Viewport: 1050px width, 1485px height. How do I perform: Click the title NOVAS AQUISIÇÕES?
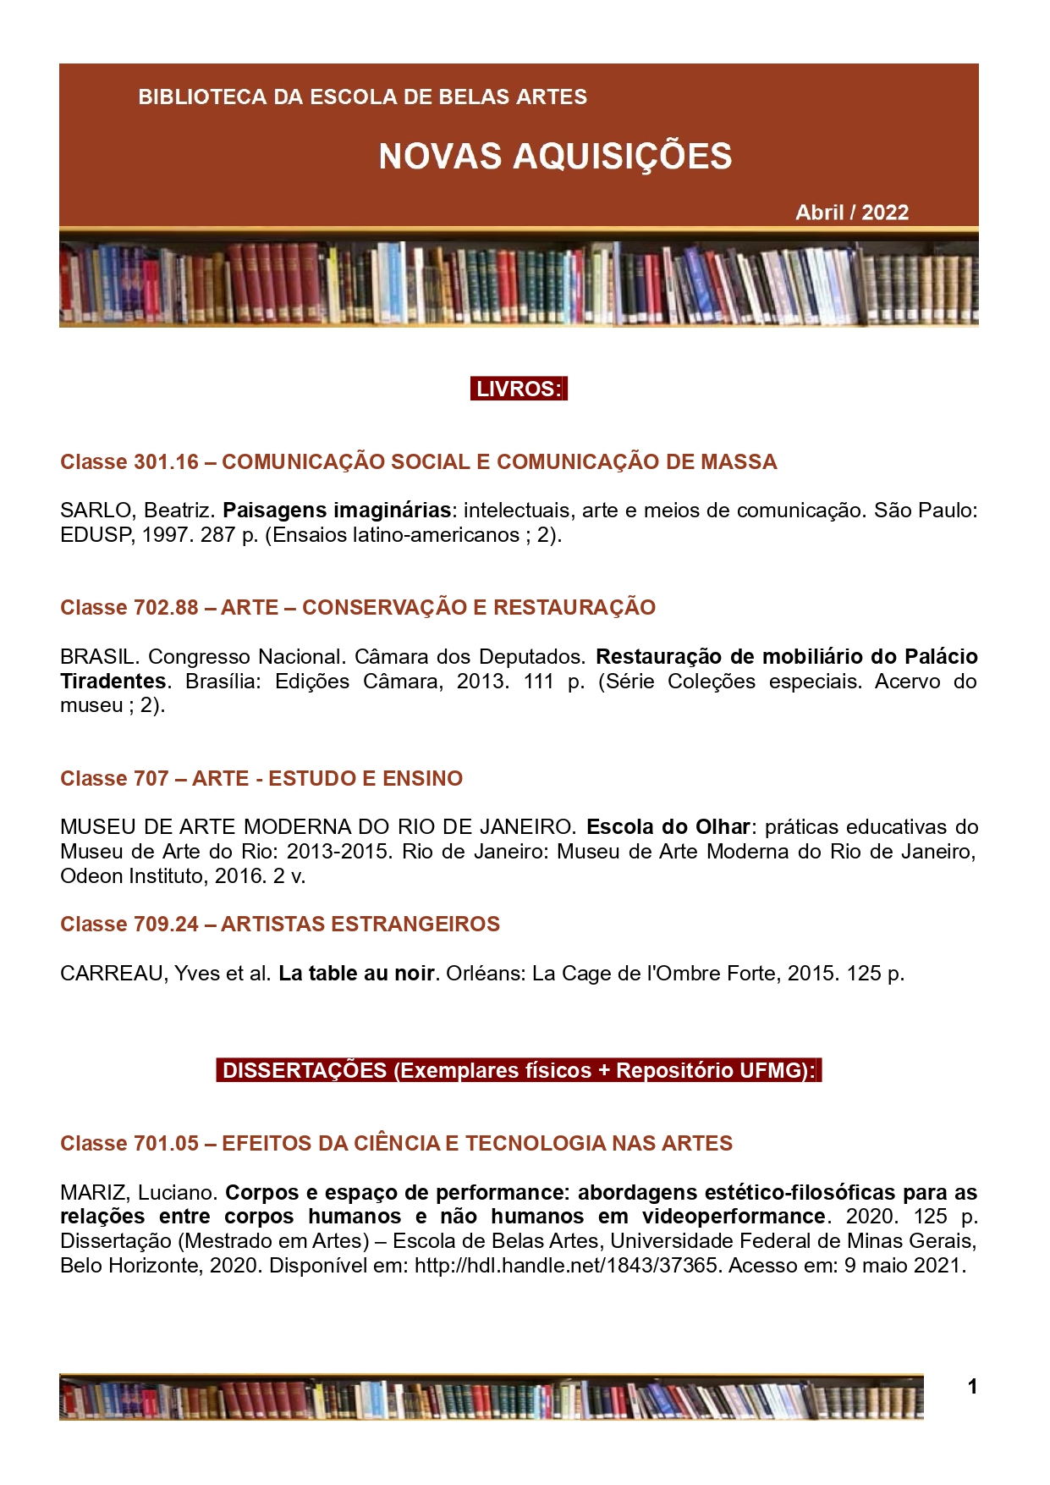tap(555, 157)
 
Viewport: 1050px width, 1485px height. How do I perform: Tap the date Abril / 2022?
tap(851, 213)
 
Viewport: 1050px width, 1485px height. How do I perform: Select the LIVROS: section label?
tap(519, 389)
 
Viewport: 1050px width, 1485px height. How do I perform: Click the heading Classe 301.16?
tap(129, 462)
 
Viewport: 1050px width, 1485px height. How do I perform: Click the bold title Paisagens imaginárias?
tap(337, 511)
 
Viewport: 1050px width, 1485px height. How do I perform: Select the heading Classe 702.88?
tap(129, 608)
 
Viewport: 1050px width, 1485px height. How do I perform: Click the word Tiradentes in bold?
tap(113, 682)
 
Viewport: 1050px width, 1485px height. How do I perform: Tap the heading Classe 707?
tap(114, 779)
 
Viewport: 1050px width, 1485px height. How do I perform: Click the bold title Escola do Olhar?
tap(668, 827)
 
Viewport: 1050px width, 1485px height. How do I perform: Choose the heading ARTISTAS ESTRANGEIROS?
tap(360, 925)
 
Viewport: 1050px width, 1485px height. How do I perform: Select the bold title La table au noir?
tap(356, 974)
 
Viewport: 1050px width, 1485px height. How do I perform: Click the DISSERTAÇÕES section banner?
tap(519, 1071)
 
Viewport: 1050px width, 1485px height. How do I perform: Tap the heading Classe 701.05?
tap(129, 1144)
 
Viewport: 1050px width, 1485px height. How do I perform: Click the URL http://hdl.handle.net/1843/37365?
tap(566, 1266)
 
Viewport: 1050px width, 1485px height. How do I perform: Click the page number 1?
tap(972, 1386)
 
